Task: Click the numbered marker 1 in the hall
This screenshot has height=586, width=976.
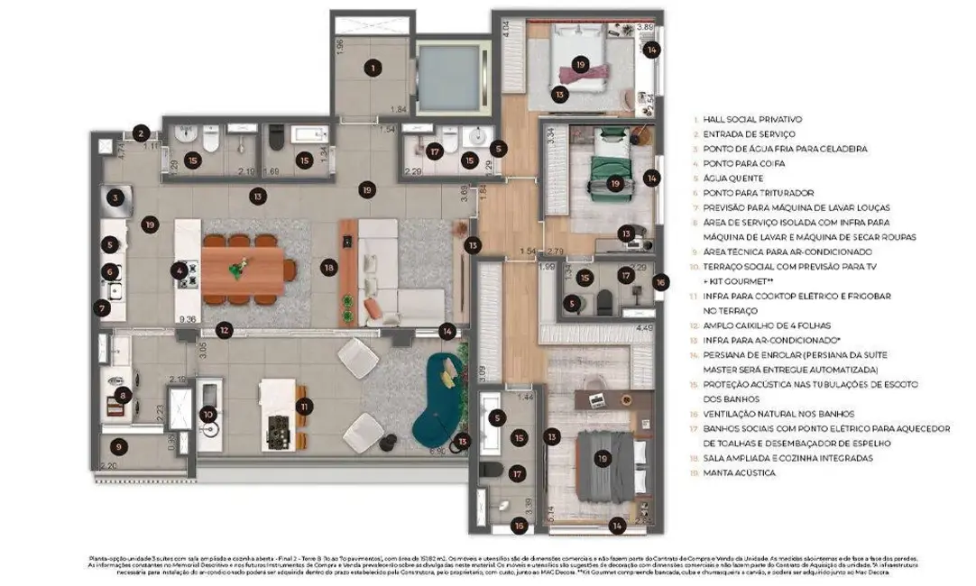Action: [371, 67]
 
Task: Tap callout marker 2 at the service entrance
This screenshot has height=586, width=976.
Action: [140, 133]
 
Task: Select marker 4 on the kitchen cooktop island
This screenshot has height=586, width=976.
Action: [180, 270]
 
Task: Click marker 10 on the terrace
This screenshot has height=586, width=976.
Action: [208, 415]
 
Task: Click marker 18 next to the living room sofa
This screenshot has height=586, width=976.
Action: [329, 268]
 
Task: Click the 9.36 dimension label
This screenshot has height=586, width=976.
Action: [188, 319]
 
